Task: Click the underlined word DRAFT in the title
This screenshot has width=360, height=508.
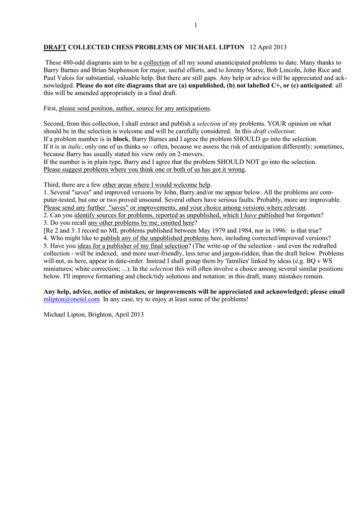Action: coord(55,47)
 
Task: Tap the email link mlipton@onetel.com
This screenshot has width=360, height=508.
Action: coord(72,300)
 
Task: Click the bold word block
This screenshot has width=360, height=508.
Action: coord(121,139)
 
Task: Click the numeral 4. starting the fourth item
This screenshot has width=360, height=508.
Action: coord(46,238)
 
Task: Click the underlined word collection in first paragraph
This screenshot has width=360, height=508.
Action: coord(157,63)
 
